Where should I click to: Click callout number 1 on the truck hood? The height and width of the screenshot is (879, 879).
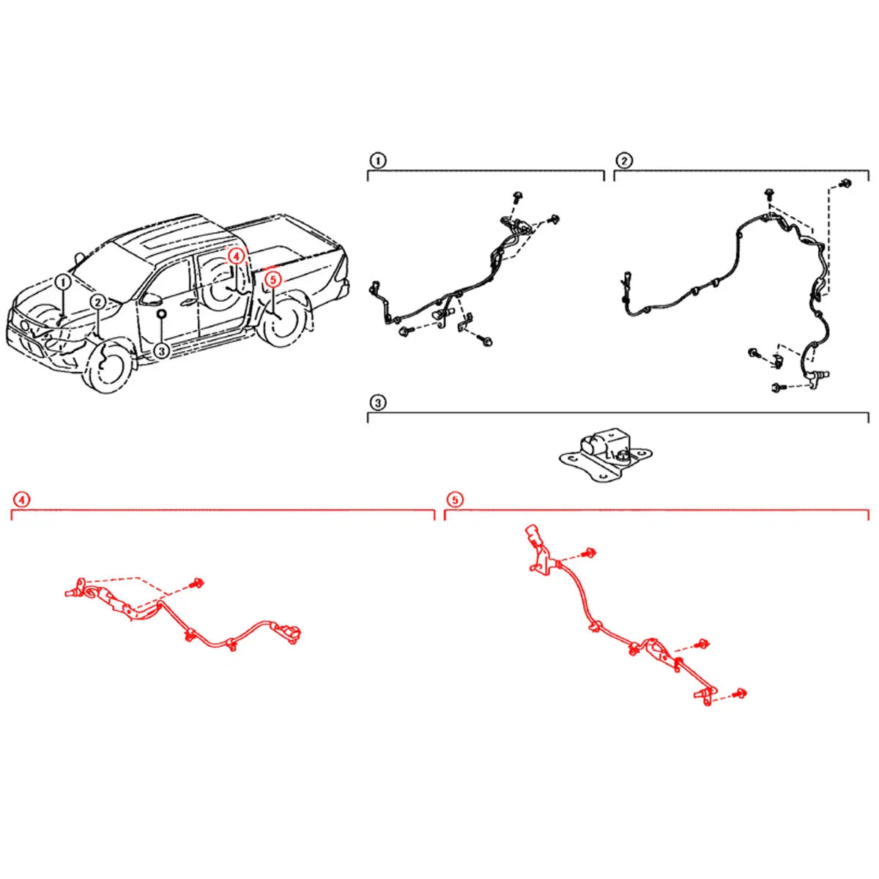(63, 282)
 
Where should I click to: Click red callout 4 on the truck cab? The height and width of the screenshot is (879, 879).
(236, 256)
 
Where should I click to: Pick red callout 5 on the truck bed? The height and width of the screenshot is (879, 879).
(272, 279)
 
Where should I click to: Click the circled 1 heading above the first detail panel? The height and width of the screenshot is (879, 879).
(378, 160)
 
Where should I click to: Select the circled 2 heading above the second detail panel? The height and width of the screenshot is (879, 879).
(624, 160)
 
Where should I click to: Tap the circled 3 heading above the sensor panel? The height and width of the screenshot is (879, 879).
(378, 403)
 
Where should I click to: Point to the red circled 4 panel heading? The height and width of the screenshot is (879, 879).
(21, 500)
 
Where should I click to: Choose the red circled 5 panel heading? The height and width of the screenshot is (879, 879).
(454, 500)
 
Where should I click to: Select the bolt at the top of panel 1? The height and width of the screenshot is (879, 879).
(518, 197)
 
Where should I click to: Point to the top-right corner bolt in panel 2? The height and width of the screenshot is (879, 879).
(847, 182)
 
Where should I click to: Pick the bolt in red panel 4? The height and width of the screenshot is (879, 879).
(199, 582)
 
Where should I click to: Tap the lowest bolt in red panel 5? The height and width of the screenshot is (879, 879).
(741, 705)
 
